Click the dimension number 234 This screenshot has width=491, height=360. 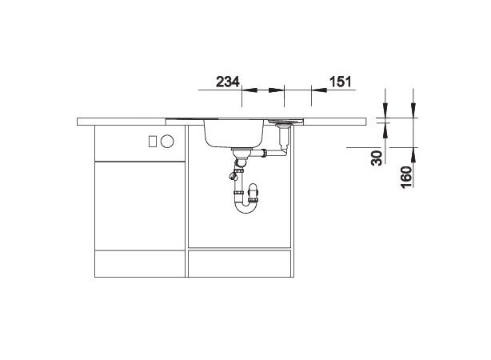[228, 82]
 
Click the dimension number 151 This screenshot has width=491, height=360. [340, 82]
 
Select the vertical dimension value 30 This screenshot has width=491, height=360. [377, 158]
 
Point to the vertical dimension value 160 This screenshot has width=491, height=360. [406, 178]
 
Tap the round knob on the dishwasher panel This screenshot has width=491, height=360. [167, 142]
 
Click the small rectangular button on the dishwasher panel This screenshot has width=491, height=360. [152, 142]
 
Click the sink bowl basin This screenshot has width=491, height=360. [234, 134]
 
